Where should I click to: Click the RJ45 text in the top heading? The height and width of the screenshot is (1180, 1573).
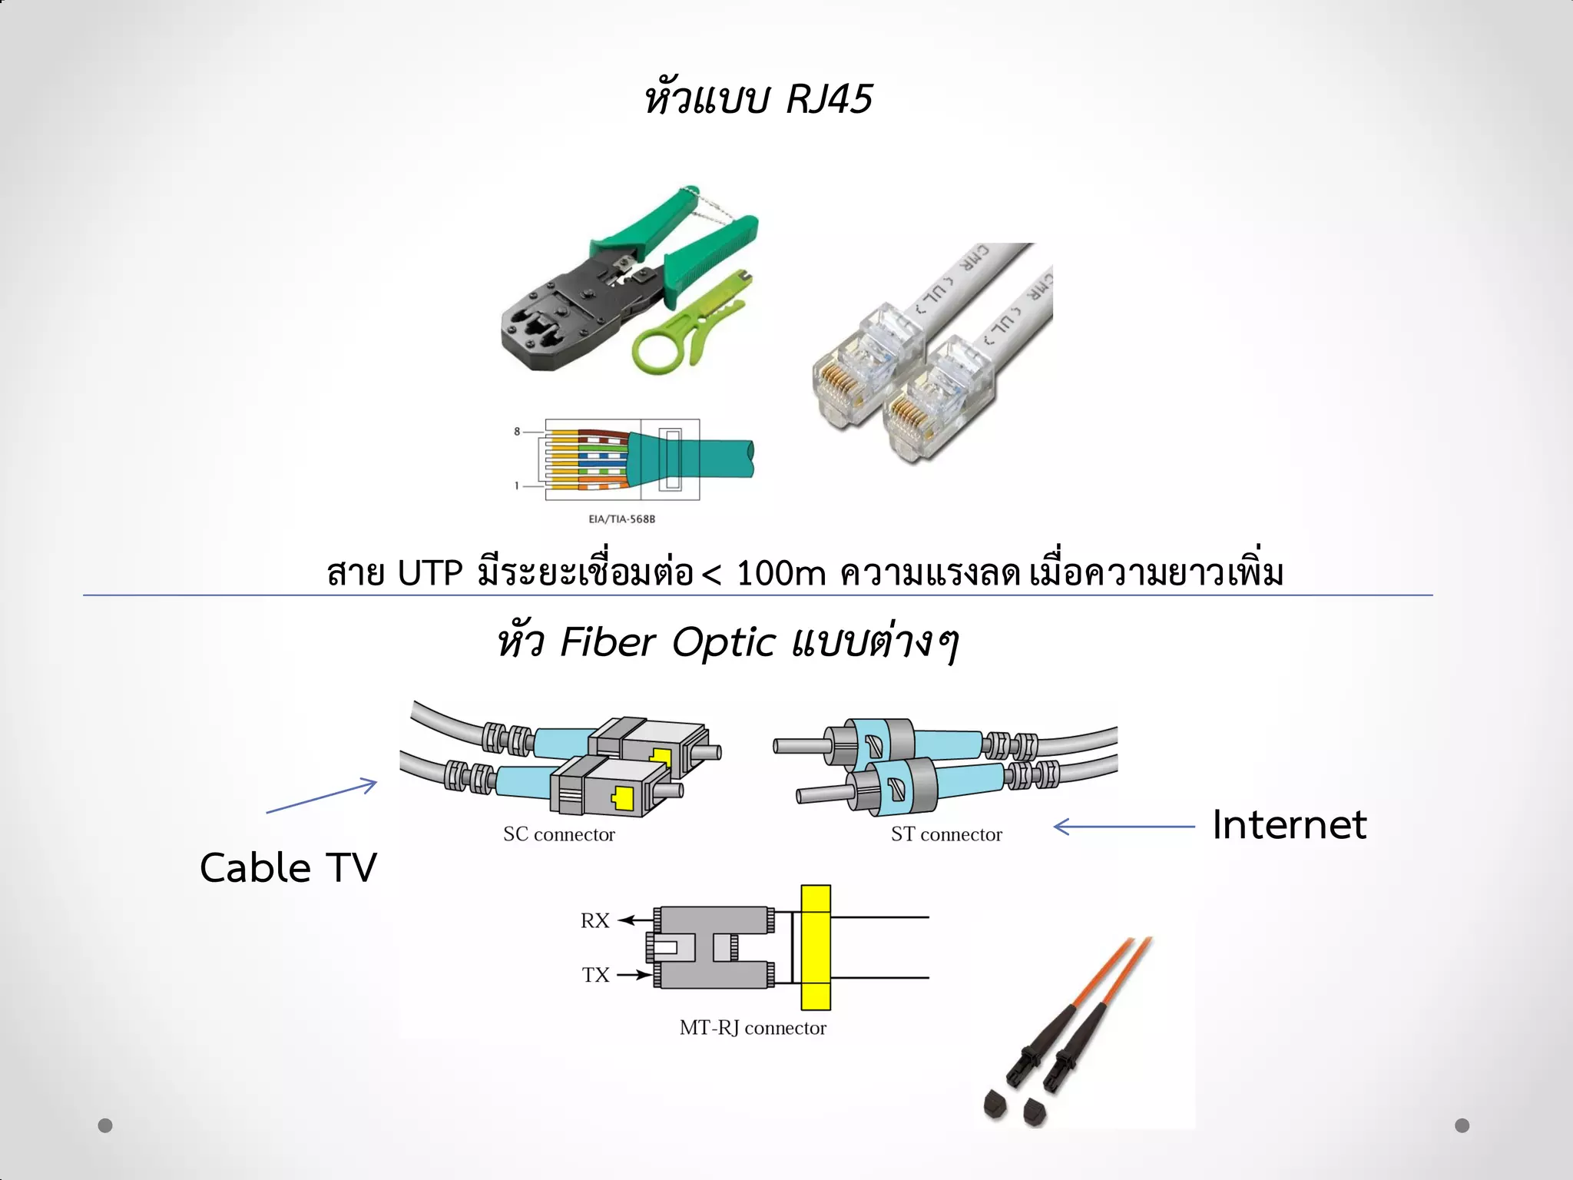(x=830, y=99)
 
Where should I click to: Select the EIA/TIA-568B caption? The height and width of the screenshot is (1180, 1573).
(x=621, y=519)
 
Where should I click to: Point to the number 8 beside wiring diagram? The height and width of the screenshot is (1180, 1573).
(x=517, y=432)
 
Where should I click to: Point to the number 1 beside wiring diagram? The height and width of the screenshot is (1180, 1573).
(x=517, y=486)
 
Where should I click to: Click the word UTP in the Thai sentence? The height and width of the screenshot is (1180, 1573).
(x=429, y=573)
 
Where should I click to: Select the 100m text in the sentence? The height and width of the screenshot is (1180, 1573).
(x=780, y=573)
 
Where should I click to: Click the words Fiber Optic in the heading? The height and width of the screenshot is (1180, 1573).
(x=668, y=642)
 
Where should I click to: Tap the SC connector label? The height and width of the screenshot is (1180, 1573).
(x=558, y=834)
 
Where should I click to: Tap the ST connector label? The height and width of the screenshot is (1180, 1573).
(x=945, y=834)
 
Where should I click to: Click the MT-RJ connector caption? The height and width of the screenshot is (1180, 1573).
(x=752, y=1028)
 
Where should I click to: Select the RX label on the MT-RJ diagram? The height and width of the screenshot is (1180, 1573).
(x=594, y=920)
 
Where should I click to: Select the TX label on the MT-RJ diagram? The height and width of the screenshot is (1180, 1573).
(x=595, y=975)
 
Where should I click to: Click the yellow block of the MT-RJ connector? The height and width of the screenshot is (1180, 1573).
(x=815, y=947)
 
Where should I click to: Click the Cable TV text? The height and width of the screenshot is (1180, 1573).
(x=288, y=868)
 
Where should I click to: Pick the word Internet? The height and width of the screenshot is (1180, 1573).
(x=1289, y=825)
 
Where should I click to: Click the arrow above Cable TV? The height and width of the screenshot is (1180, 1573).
(x=322, y=796)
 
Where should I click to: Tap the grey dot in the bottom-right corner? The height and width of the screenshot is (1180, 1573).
(x=1462, y=1125)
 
